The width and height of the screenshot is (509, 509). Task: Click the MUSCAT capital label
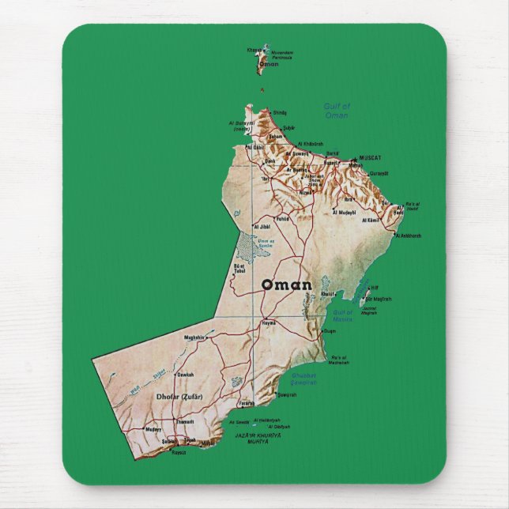click(370, 158)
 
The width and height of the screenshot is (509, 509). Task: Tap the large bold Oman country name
click(286, 285)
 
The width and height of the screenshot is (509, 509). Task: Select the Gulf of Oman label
click(337, 111)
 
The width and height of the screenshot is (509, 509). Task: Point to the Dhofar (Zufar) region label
click(181, 396)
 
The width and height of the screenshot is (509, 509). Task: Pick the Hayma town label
click(269, 324)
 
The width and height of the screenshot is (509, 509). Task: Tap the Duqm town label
click(330, 330)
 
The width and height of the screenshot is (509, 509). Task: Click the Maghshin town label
click(194, 337)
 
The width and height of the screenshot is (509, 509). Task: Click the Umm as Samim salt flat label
click(266, 243)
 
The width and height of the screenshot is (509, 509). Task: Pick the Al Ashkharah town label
click(408, 236)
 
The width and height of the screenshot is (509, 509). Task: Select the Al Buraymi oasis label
click(242, 126)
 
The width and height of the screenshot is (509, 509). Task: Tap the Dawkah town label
click(186, 375)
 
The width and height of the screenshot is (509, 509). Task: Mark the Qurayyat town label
click(379, 173)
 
